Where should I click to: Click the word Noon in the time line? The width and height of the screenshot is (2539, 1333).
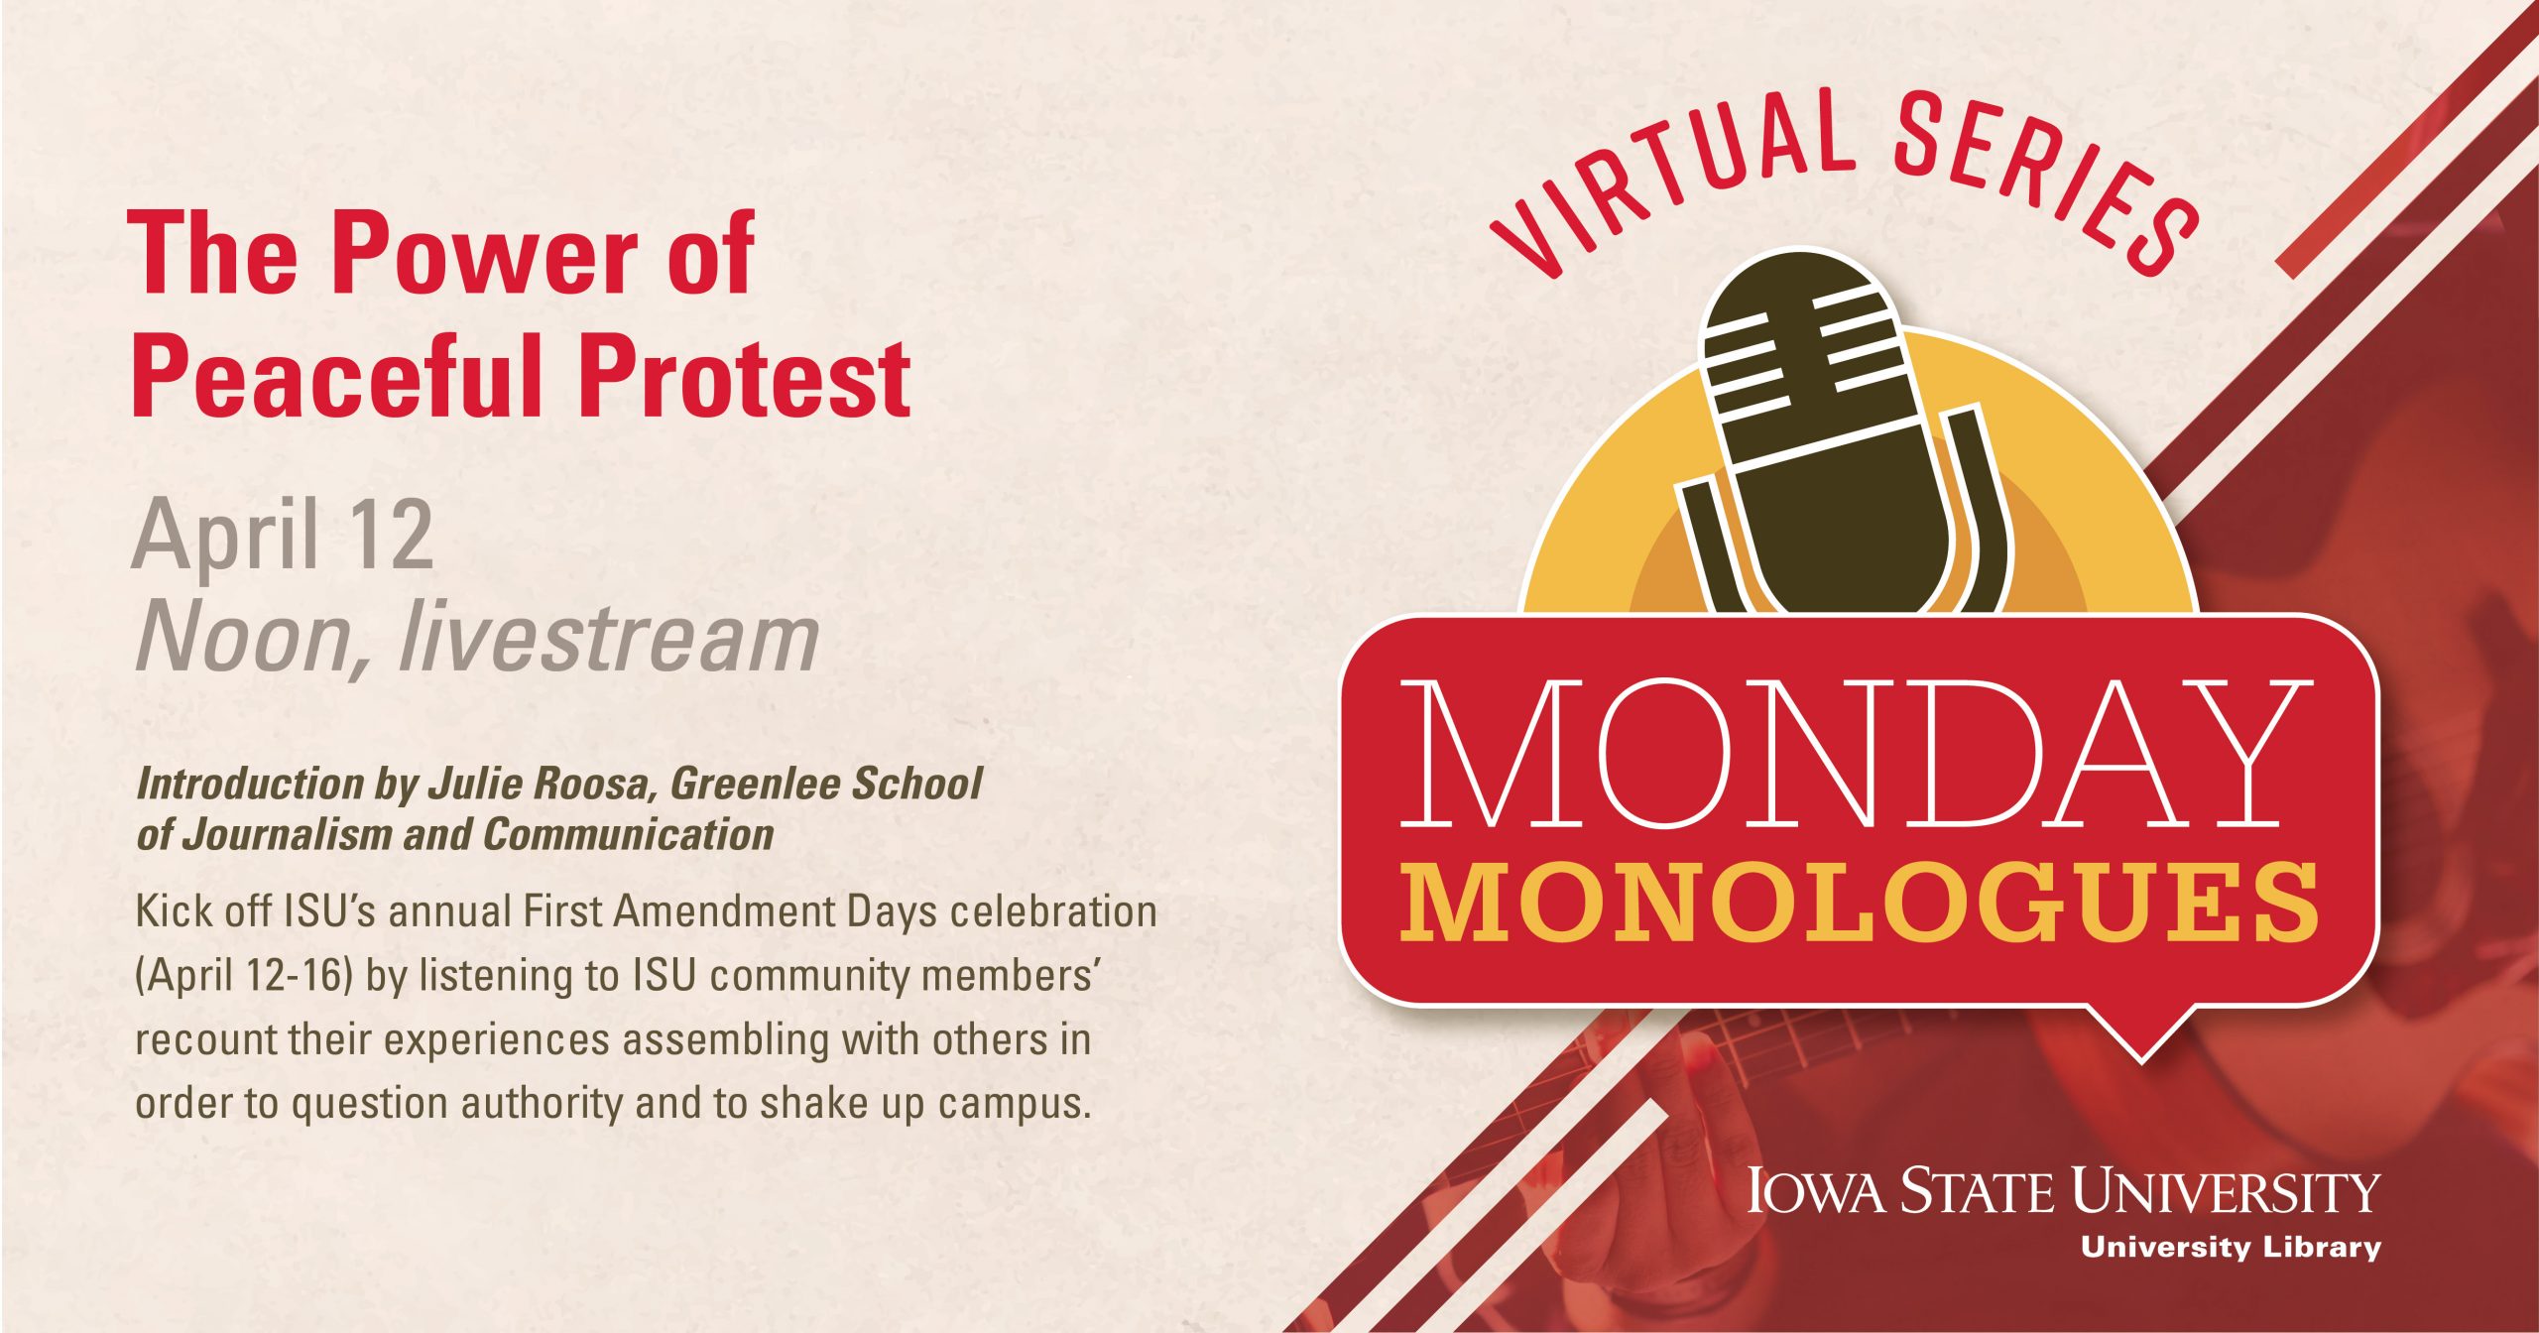tap(253, 640)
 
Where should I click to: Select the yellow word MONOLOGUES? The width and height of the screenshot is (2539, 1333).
tap(1859, 902)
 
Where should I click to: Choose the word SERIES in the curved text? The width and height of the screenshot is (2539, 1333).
tap(2043, 179)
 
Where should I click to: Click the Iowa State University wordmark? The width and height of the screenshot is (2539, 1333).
tap(2063, 1190)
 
